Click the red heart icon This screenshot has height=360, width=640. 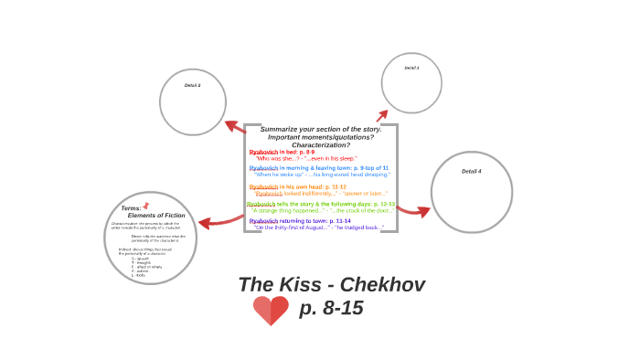(x=271, y=311)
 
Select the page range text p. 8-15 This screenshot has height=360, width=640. (x=331, y=309)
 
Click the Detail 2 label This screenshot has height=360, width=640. (x=192, y=85)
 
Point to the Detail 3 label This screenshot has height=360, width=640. (x=411, y=68)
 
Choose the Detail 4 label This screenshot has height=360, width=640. (x=471, y=171)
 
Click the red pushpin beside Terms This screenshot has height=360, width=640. (x=145, y=206)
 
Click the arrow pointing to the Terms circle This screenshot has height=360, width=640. (x=219, y=221)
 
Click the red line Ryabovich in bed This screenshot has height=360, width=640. (x=282, y=152)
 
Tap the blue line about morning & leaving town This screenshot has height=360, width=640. (x=318, y=168)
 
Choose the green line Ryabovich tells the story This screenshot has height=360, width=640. (x=320, y=204)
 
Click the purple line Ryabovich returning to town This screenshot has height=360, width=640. (x=300, y=220)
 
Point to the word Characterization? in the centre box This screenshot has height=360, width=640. (x=320, y=144)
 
